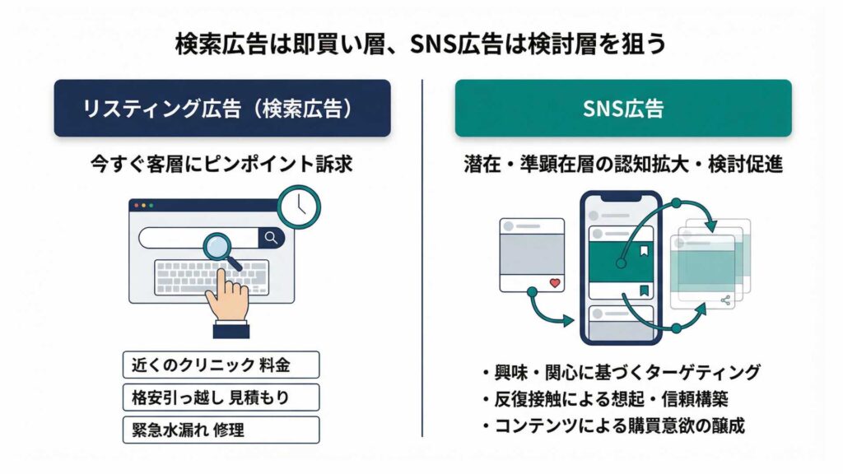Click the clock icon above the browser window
298,206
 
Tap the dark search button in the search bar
270,238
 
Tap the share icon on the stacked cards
725,300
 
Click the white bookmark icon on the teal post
645,251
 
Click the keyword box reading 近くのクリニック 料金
220,365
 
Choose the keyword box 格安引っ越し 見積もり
220,397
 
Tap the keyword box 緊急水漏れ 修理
220,430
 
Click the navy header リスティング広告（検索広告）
222,108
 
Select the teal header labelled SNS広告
623,108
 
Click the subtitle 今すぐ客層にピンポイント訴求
221,164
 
